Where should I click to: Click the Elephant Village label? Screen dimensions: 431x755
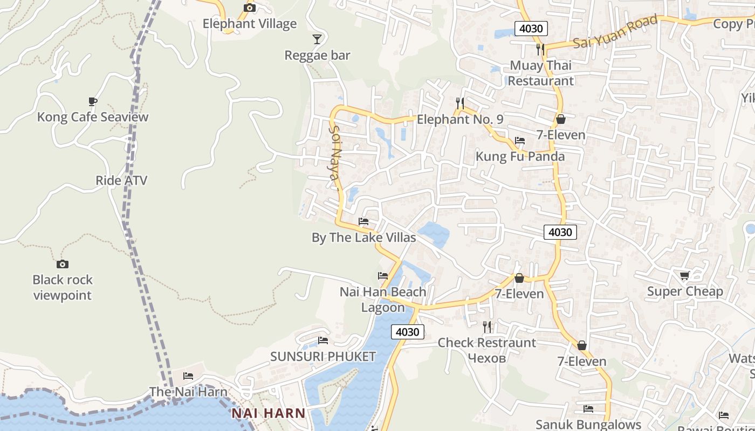pyautogui.click(x=249, y=24)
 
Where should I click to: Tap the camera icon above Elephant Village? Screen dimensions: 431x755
pyautogui.click(x=249, y=8)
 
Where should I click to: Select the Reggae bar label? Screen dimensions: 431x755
pyautogui.click(x=317, y=55)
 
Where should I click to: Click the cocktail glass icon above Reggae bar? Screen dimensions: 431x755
pyautogui.click(x=317, y=39)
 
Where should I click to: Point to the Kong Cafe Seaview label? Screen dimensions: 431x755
pyautogui.click(x=92, y=117)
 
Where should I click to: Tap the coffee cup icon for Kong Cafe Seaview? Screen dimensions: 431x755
pyautogui.click(x=92, y=101)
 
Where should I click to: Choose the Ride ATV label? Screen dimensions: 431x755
pyautogui.click(x=121, y=180)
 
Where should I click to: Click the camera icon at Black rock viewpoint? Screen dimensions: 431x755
pyautogui.click(x=63, y=264)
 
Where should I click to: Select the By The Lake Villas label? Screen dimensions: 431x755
pyautogui.click(x=363, y=238)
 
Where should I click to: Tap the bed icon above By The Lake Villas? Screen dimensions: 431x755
pyautogui.click(x=363, y=221)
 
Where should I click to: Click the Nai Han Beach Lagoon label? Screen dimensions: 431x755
pyautogui.click(x=383, y=300)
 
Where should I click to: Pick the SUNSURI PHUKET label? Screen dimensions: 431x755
pyautogui.click(x=322, y=357)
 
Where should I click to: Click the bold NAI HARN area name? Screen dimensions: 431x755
pyautogui.click(x=269, y=414)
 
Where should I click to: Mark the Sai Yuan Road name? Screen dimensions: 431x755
pyautogui.click(x=615, y=32)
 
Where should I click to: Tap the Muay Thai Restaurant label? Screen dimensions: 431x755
pyautogui.click(x=541, y=73)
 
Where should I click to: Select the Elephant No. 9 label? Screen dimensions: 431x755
pyautogui.click(x=460, y=119)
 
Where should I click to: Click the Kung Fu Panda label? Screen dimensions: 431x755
pyautogui.click(x=520, y=157)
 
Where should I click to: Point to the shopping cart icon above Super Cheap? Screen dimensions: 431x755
pyautogui.click(x=684, y=276)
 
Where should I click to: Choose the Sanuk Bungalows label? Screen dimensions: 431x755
pyautogui.click(x=588, y=425)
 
